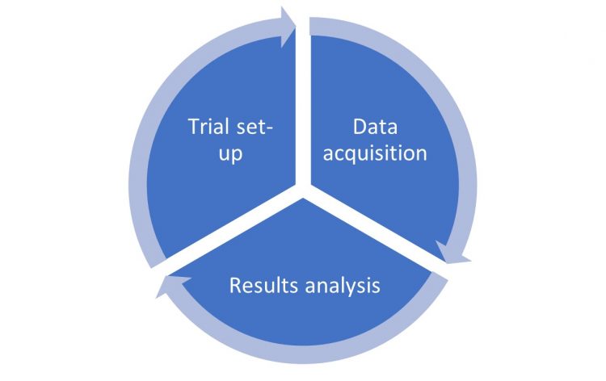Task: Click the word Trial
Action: [x=208, y=128]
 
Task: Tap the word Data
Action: [x=374, y=127]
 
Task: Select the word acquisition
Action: [x=375, y=153]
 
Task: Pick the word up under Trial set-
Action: [x=231, y=154]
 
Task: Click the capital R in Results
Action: [x=234, y=286]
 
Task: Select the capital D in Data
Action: [x=358, y=127]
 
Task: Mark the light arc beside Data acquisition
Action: [x=465, y=145]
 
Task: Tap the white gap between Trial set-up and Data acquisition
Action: [x=303, y=105]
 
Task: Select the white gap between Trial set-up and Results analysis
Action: [x=230, y=230]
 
